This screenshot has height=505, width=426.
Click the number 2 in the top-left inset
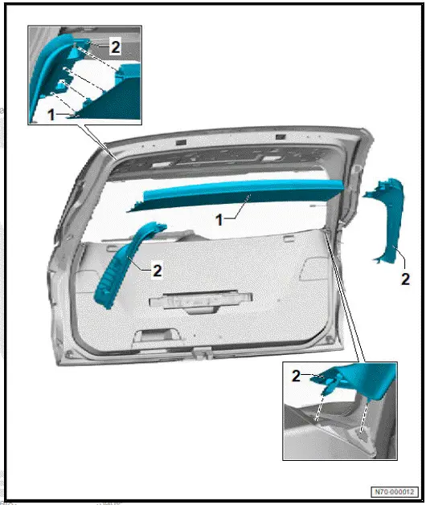116,47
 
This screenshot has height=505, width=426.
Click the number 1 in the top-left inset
51,115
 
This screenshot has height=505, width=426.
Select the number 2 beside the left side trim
158,271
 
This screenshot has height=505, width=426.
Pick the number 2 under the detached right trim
405,279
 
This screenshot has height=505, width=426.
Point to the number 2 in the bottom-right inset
296,375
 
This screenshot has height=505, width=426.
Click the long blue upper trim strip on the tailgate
241,196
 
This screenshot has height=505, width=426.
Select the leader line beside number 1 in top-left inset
68,116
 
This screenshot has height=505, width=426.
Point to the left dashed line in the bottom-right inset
322,405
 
